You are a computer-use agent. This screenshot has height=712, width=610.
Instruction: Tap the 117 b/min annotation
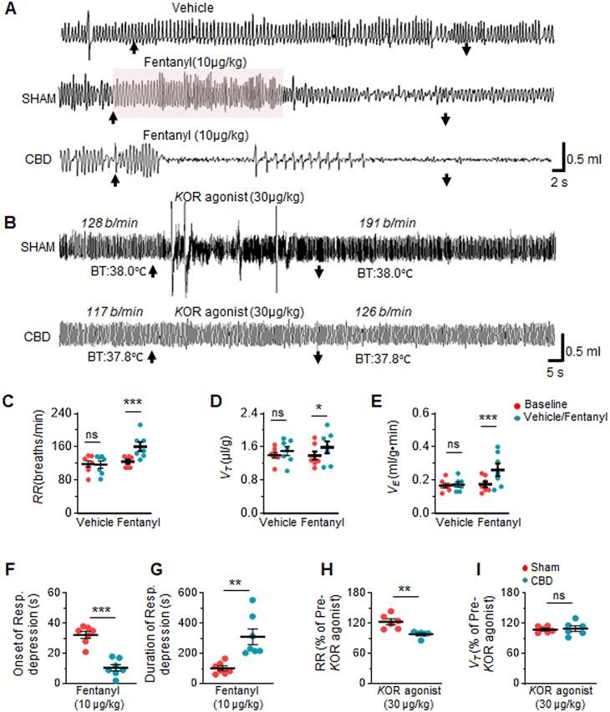click(114, 311)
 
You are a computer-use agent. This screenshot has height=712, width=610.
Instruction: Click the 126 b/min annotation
click(381, 311)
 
